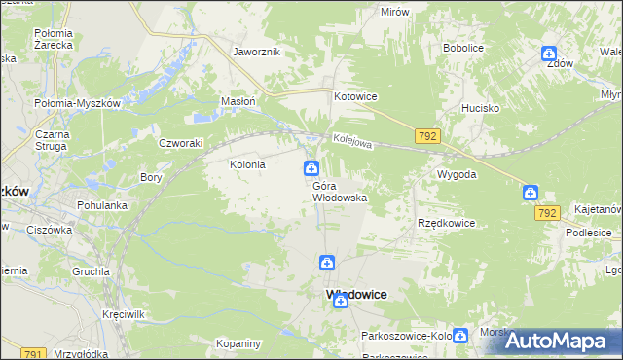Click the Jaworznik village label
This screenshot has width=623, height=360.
257,52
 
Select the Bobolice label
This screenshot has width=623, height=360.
463,47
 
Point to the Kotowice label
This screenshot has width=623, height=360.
355,97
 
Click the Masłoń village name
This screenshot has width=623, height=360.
238,100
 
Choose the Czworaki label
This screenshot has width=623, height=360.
180,142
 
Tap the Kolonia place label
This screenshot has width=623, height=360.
247,165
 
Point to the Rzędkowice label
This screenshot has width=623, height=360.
446,223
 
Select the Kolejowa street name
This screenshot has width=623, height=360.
352,142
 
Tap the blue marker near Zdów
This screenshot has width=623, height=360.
549,54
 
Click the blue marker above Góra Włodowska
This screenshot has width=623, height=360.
311,168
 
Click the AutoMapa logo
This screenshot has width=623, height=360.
561,341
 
